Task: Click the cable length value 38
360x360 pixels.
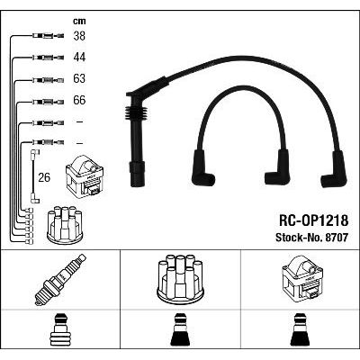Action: point(79,36)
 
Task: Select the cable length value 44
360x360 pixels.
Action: point(79,58)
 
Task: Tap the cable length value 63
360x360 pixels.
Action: point(79,78)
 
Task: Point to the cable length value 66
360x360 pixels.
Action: point(79,100)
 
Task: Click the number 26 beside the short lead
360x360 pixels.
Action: point(44,177)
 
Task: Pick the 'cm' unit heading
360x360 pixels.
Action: point(79,21)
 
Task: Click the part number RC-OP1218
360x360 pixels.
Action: point(314,220)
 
